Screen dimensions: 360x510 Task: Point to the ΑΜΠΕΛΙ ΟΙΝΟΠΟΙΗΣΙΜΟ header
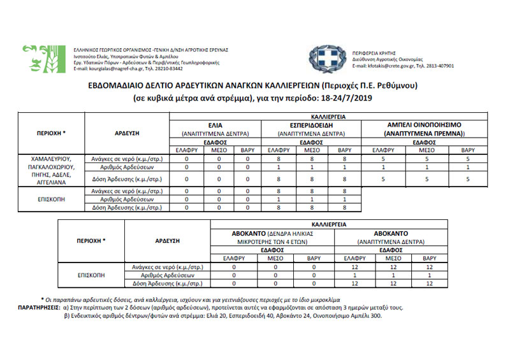[x=424, y=125]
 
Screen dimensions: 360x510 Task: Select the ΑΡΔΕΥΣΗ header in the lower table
[x=169, y=241]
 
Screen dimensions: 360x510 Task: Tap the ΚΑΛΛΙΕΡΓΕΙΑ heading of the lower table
[x=330, y=224]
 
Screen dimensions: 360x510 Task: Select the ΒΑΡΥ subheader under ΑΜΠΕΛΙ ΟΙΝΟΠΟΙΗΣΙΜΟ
[x=468, y=150]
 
